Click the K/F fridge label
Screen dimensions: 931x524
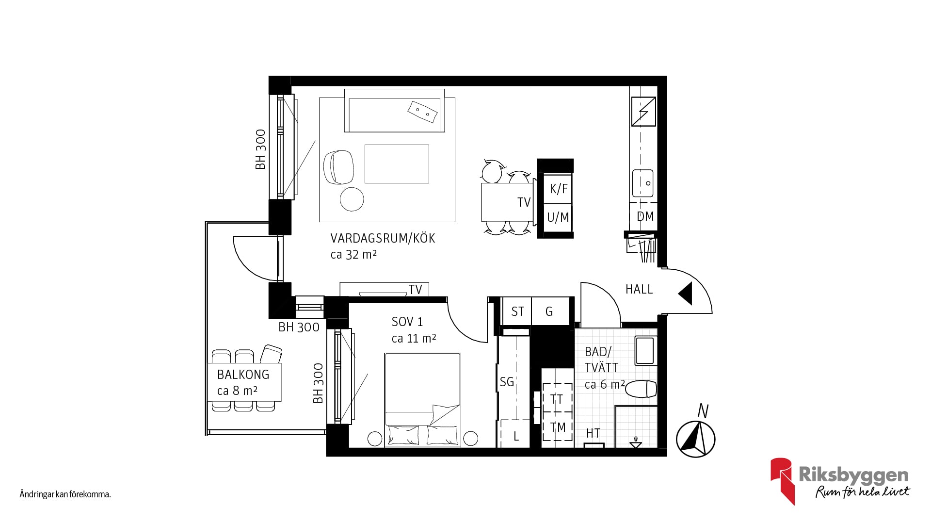coord(558,189)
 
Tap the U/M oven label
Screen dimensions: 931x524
coord(558,217)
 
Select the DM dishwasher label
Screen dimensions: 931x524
coord(645,216)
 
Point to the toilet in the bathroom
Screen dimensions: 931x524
coord(641,389)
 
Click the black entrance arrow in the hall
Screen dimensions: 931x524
coord(685,294)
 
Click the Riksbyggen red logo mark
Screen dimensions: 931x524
coord(782,480)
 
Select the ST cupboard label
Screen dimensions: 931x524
coord(517,311)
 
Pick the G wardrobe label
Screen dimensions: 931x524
coord(549,311)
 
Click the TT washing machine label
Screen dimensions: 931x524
coord(557,399)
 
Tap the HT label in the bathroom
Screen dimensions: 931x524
coord(593,433)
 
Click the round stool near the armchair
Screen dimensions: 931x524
coord(352,199)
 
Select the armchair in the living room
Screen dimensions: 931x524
coord(338,167)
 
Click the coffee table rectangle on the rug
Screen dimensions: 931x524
coord(397,164)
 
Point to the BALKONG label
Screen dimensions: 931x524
coord(243,375)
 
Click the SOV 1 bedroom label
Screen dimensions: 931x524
coord(407,322)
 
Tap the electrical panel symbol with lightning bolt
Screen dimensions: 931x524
coord(643,111)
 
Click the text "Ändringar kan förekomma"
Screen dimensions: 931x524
coord(65,495)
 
